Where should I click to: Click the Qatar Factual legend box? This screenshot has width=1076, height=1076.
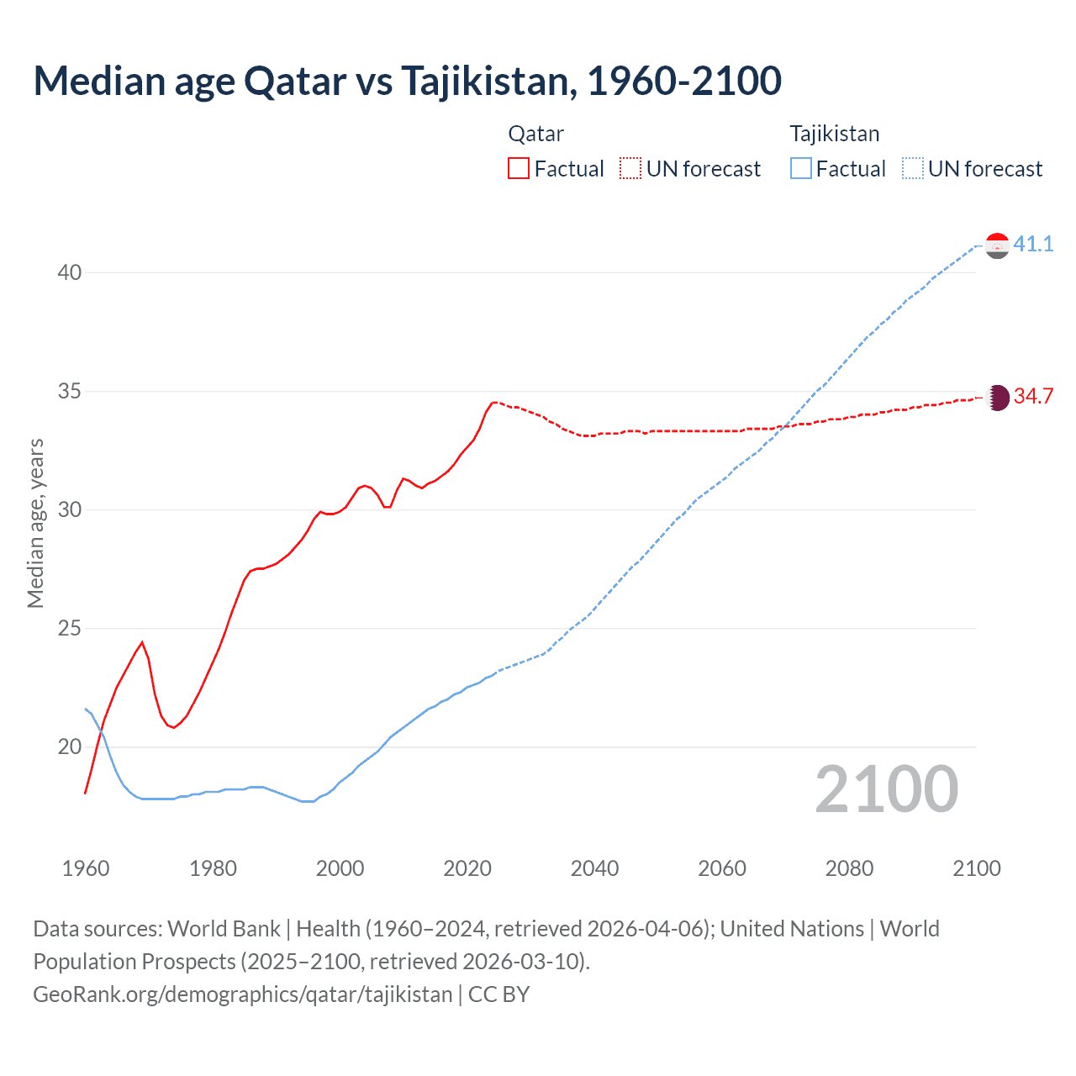pos(519,168)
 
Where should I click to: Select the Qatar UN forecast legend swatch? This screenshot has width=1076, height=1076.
pos(630,168)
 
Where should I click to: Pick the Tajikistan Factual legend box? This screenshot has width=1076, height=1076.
pos(801,168)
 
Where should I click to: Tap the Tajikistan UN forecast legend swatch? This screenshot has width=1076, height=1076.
pos(913,168)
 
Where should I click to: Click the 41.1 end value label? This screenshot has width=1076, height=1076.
pos(1033,244)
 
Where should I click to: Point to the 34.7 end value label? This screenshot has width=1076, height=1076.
pos(1033,396)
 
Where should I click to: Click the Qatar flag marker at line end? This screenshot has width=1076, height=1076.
pos(997,398)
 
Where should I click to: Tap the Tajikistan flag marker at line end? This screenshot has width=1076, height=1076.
pos(997,245)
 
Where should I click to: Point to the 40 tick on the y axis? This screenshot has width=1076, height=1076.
pos(70,272)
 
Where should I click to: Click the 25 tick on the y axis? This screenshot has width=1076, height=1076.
pos(70,628)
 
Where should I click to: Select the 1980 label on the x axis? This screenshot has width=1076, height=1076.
pos(213,868)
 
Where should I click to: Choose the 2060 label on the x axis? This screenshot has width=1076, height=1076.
pos(722,868)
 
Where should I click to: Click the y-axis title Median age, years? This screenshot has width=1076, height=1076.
pos(35,523)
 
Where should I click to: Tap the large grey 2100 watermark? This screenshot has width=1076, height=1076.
pos(886,789)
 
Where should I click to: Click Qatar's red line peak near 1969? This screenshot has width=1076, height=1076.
pos(142,642)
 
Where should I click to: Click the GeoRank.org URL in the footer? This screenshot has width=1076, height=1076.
pos(242,994)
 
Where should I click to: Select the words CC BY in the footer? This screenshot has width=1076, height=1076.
pos(498,994)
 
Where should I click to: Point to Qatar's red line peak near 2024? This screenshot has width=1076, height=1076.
pos(494,402)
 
